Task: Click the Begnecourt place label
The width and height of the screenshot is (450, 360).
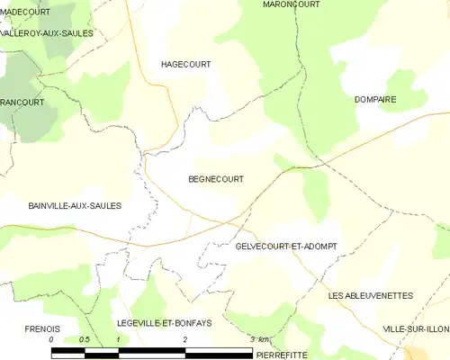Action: (x=215, y=179)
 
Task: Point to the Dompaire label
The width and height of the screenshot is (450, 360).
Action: (x=375, y=100)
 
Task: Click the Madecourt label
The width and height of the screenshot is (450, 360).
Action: (x=25, y=12)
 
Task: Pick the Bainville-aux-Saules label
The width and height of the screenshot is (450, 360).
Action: (x=62, y=206)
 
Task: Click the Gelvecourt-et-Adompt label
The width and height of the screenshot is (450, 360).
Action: (x=285, y=246)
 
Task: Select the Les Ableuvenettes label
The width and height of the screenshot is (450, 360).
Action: (x=370, y=295)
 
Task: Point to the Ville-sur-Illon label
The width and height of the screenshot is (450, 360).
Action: (x=415, y=329)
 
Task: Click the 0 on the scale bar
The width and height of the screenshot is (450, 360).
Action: (x=51, y=339)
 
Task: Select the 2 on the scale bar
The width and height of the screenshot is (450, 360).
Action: (x=185, y=339)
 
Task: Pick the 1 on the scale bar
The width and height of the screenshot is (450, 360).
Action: (x=118, y=339)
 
